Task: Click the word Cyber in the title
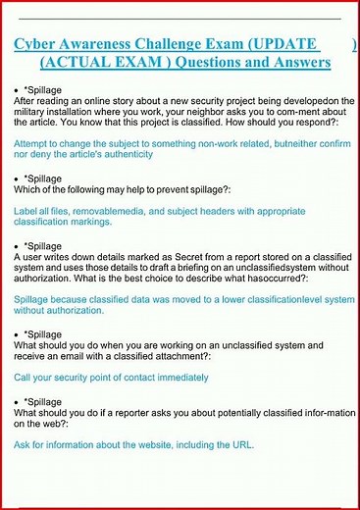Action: click(x=36, y=44)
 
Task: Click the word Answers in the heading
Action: click(x=301, y=62)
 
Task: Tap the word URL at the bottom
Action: click(x=241, y=444)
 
